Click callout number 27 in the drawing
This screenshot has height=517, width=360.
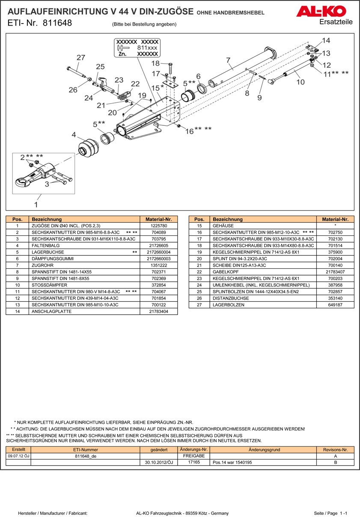point(81,58)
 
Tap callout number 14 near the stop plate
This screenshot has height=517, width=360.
point(326,41)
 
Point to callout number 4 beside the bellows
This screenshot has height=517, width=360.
point(74,135)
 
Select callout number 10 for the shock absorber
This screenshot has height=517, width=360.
point(300,81)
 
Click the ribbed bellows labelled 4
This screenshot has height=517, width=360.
point(89,148)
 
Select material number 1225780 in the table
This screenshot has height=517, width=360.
point(159,226)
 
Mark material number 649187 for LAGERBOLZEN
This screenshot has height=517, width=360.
point(335,305)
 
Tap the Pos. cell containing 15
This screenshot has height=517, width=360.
point(199,226)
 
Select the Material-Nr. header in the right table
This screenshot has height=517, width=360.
point(335,219)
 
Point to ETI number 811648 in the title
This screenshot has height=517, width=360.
point(57,23)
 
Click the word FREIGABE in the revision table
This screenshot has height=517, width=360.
point(193,456)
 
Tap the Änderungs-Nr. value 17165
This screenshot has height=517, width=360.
point(193,463)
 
